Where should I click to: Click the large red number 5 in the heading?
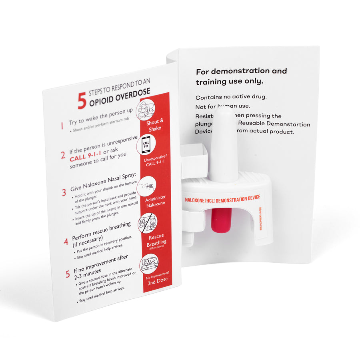(x=82, y=101)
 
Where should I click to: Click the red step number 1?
(x=62, y=126)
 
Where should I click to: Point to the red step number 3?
(x=64, y=192)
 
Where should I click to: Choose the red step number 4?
(x=66, y=242)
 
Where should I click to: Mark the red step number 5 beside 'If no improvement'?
(x=68, y=274)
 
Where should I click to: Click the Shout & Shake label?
(x=154, y=124)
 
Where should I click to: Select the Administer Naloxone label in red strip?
(x=155, y=201)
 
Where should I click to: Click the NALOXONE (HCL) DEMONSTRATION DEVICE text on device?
(x=222, y=199)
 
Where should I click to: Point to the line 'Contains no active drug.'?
(x=231, y=97)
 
